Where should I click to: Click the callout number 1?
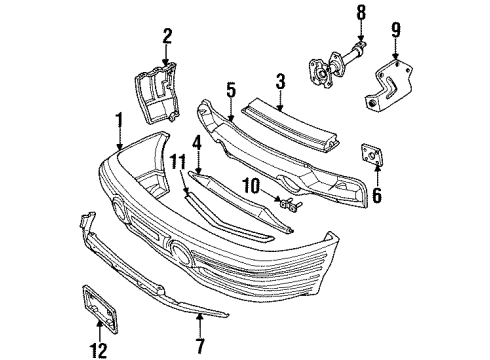point(119,118)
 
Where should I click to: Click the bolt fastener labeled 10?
point(292,206)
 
